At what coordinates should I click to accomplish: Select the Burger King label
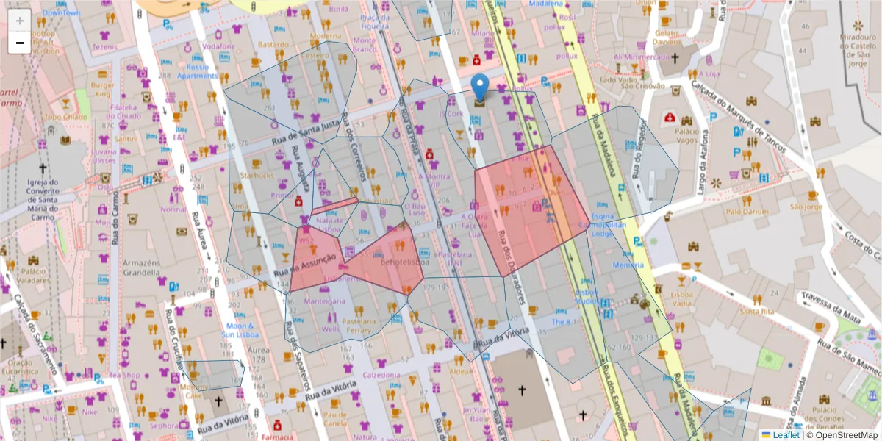click(x=103, y=89)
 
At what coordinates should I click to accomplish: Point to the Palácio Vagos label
click(x=686, y=135)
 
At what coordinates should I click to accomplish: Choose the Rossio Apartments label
click(x=197, y=71)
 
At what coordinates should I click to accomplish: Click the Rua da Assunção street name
click(x=305, y=266)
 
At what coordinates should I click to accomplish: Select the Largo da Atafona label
click(x=706, y=159)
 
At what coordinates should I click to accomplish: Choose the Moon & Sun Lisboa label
click(x=240, y=330)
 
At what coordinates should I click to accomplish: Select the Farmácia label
click(x=277, y=437)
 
